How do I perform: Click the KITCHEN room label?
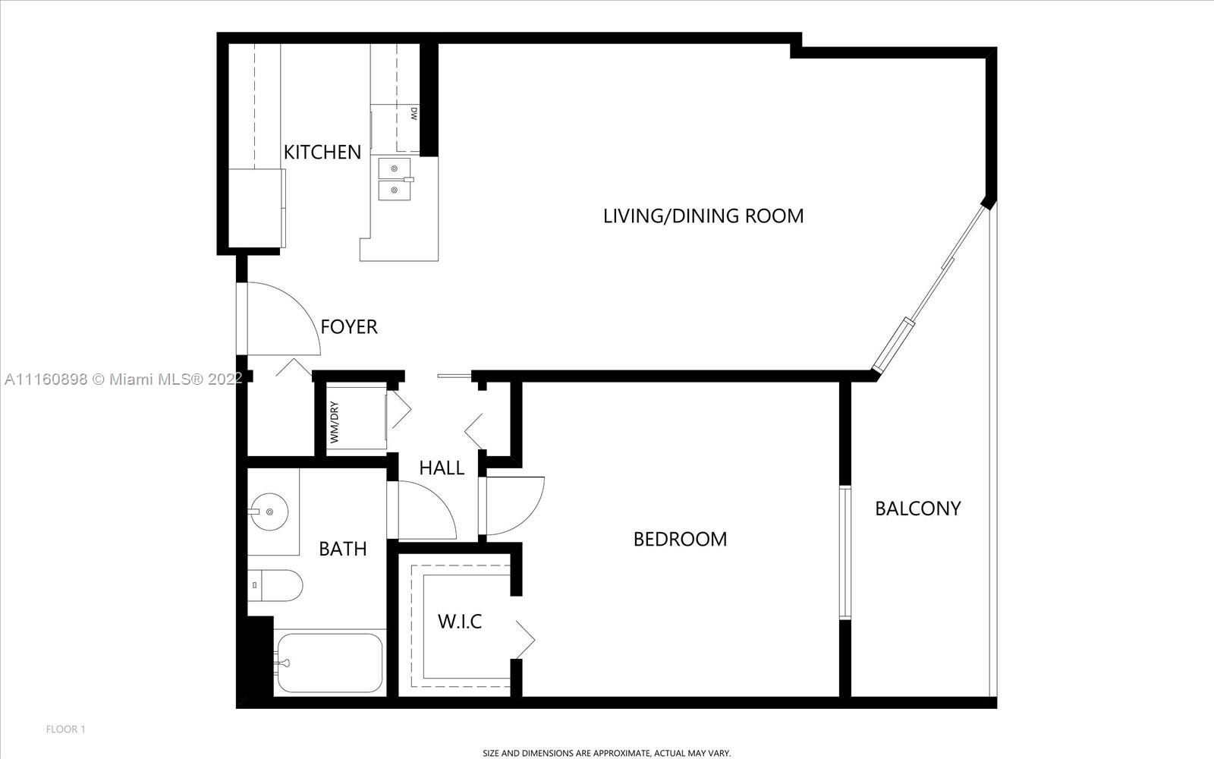(x=322, y=153)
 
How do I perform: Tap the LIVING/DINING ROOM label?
(x=703, y=216)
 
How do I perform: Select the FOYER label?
(x=349, y=327)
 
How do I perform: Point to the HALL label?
(x=442, y=468)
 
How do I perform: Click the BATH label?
(x=342, y=550)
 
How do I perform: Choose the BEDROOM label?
(x=680, y=540)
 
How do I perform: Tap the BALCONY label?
(x=918, y=509)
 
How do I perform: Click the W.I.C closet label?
(x=460, y=622)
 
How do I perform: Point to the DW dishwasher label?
(x=414, y=113)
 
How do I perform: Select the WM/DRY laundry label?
(x=334, y=422)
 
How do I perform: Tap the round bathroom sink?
(x=269, y=512)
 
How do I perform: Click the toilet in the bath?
(x=275, y=585)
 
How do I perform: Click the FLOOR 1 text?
(x=65, y=729)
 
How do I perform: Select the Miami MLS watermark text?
(x=123, y=379)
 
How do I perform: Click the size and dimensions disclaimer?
(x=606, y=753)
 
